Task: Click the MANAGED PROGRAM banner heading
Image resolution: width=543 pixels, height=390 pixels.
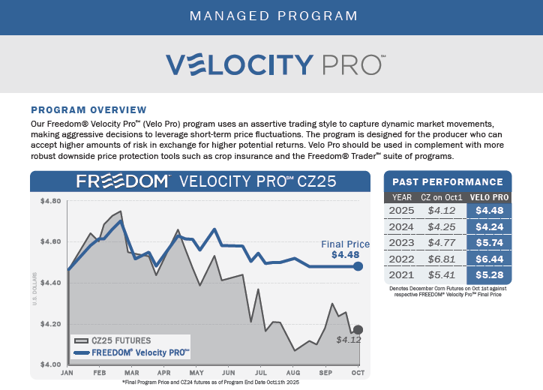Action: [271, 16]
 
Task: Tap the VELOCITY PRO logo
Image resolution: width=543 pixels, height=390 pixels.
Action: [272, 63]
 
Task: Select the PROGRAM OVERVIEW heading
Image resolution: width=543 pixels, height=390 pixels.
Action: [88, 109]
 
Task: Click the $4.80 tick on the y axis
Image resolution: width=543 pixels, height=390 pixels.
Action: [49, 202]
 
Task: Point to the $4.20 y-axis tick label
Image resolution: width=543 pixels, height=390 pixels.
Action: [49, 324]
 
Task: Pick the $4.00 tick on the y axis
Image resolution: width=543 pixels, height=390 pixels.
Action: [49, 364]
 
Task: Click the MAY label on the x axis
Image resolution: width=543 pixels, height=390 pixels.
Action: [197, 373]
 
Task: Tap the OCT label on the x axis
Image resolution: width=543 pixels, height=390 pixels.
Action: [358, 373]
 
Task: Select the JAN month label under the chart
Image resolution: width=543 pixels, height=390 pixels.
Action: [67, 373]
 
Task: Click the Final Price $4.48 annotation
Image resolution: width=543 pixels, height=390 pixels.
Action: [345, 250]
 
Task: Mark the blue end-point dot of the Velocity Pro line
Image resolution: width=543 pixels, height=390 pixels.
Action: [358, 266]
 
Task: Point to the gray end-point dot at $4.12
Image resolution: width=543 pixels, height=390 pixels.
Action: [358, 330]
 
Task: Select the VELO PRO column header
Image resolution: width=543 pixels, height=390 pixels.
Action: [489, 197]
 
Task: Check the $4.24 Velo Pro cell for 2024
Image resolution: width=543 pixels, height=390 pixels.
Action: [489, 227]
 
